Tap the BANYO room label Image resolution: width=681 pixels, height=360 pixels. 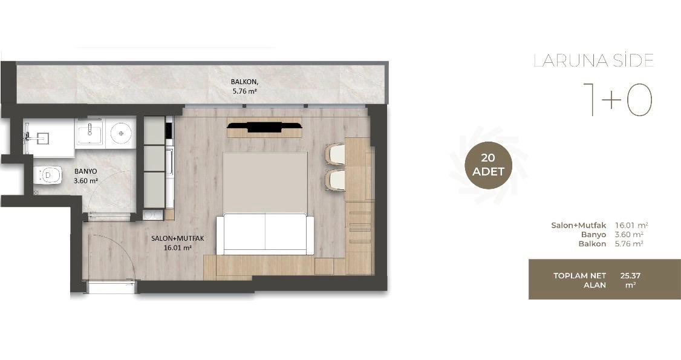[x=85, y=172]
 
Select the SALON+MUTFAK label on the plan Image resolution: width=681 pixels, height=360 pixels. [x=178, y=238]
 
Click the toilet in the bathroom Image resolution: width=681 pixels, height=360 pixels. [x=48, y=175]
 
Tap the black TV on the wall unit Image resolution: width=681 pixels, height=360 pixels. [x=264, y=127]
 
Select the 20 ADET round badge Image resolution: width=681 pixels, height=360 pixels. [x=488, y=165]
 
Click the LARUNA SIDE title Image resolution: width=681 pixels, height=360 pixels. [x=593, y=61]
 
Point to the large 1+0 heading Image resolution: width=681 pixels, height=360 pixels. [x=617, y=100]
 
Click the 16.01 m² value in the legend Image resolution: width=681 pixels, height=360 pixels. [x=631, y=226]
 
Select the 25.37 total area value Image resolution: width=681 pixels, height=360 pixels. [x=631, y=275]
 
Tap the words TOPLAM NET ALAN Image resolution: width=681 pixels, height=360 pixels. [x=579, y=281]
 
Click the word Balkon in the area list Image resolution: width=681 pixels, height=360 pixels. [x=592, y=244]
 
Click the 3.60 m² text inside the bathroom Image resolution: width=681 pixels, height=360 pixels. [x=85, y=181]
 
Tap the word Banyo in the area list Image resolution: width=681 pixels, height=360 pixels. [x=594, y=235]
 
